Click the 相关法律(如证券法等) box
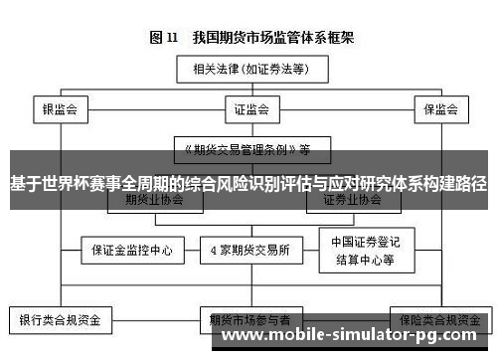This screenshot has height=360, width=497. tap(250, 69)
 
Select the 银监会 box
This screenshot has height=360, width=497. tap(61, 107)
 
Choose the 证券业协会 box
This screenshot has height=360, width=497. tap(352, 200)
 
